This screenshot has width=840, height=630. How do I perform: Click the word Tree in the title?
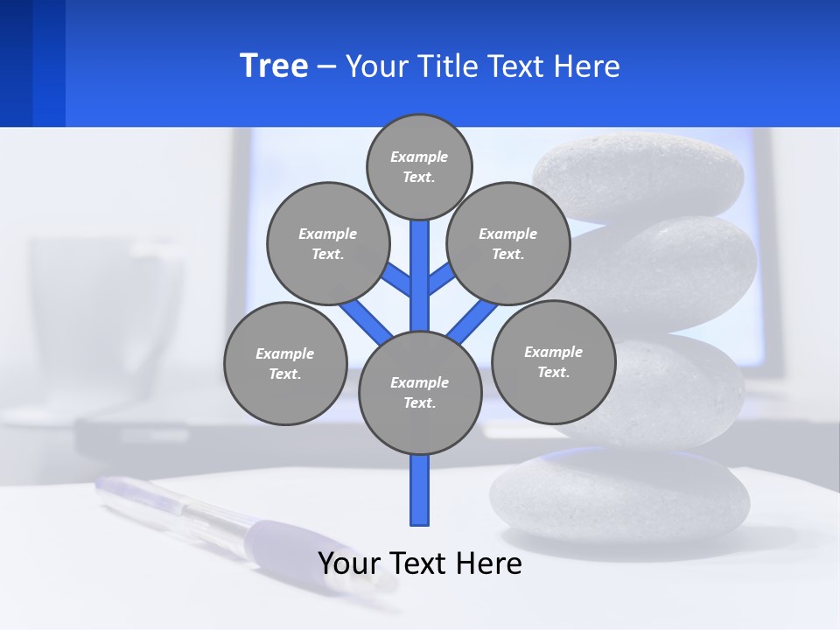(274, 66)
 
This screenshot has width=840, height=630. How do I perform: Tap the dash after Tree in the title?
(326, 66)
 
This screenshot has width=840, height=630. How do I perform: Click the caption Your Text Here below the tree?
(419, 563)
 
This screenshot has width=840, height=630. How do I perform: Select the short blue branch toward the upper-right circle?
(441, 278)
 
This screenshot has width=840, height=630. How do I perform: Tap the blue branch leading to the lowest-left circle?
(366, 319)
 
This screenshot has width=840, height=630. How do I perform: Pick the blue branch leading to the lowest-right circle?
(473, 320)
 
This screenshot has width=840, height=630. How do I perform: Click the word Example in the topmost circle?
(418, 157)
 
